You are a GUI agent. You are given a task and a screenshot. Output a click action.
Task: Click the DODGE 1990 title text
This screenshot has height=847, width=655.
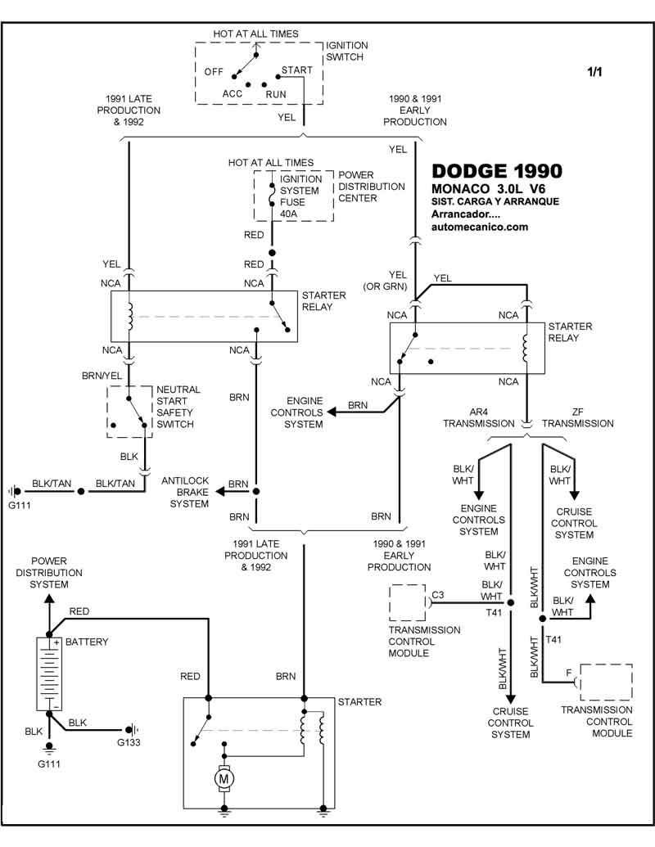coord(496,171)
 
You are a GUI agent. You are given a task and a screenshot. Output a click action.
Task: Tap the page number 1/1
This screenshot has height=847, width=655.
coord(594,72)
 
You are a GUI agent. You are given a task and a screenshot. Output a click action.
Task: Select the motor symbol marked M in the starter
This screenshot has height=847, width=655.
coord(224,780)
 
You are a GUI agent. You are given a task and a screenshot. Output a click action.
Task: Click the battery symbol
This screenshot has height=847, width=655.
coord(48,673)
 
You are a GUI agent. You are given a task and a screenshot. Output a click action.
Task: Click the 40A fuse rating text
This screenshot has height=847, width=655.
coord(290,214)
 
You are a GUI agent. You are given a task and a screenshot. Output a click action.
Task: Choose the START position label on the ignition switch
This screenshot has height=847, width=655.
coord(296,70)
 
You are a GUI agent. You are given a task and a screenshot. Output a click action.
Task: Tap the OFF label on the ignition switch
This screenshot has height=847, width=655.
coord(215,72)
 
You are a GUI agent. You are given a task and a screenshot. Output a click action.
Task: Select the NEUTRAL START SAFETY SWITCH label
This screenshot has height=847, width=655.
coord(178,407)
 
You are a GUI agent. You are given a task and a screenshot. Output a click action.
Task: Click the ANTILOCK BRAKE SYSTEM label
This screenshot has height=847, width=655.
coord(189,492)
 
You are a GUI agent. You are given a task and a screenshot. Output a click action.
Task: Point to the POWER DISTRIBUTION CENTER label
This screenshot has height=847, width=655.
coord(372,187)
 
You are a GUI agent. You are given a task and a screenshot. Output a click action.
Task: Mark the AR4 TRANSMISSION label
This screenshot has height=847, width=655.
coord(479,417)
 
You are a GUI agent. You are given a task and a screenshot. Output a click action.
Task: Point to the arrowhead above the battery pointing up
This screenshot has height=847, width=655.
coord(48,598)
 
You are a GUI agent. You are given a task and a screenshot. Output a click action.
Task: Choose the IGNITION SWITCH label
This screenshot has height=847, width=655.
coord(347,52)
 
